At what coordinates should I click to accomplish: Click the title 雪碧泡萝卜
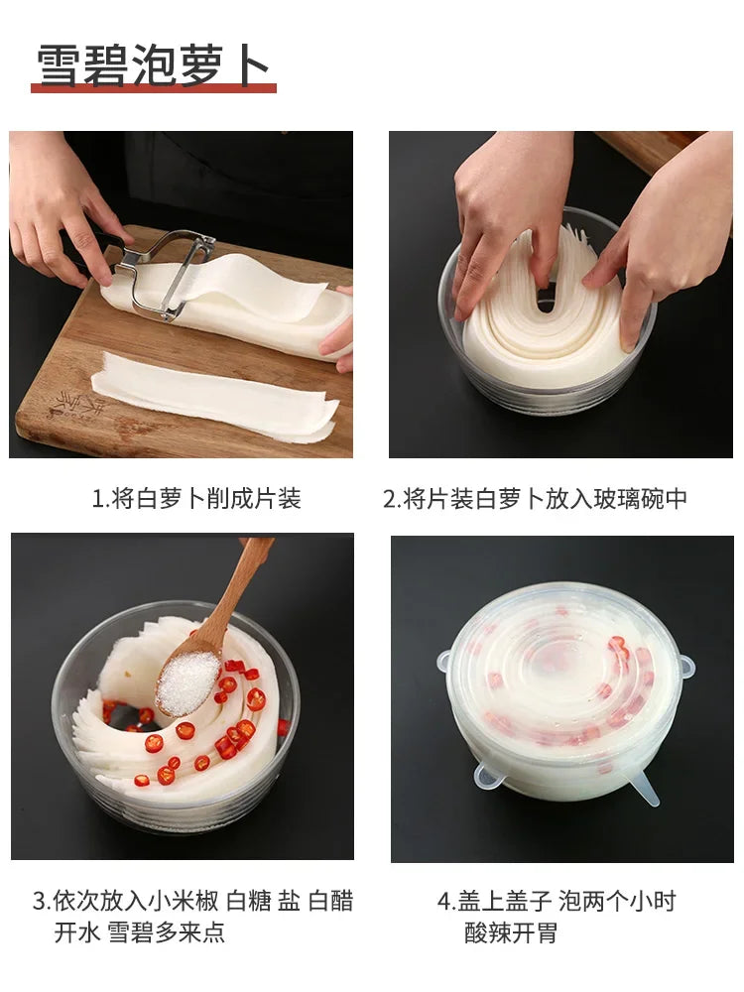[153, 64]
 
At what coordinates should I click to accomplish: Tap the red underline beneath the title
[154, 88]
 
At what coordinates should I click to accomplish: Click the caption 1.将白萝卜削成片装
[196, 499]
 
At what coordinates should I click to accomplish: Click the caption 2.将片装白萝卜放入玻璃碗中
[535, 499]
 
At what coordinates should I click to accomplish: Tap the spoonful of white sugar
[187, 683]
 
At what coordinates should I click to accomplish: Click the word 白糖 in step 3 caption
[249, 901]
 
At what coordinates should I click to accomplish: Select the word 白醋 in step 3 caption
[331, 901]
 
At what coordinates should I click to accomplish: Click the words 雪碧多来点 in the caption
[167, 931]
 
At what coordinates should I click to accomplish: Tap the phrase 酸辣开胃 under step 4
[511, 931]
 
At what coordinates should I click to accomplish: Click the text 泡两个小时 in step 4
[617, 901]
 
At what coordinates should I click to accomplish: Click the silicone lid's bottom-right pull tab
[646, 791]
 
